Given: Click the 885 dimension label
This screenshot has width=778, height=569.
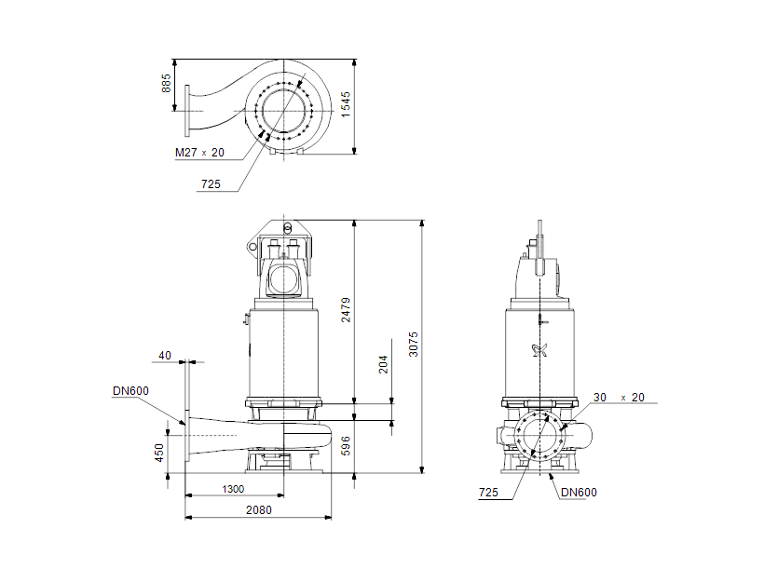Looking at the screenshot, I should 167,85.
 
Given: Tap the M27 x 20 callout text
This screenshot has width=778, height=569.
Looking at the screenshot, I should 199,153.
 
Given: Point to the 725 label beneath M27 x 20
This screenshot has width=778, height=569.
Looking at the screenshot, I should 211,184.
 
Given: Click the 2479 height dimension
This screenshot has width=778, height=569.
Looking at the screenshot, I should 346,309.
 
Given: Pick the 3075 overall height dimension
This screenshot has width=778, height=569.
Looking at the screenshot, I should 414,344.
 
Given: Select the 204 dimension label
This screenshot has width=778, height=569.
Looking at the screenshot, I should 383,364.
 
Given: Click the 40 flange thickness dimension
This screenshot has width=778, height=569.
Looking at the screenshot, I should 165,355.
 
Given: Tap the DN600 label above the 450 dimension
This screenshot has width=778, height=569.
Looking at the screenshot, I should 130,391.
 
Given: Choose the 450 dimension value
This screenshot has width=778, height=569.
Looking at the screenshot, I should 159,453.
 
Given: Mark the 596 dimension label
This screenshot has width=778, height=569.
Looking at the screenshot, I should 346,446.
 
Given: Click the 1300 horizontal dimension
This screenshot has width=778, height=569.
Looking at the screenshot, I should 234,489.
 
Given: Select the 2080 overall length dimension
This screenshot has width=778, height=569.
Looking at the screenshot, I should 258,510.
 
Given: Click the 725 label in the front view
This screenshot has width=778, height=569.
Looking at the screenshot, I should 488,492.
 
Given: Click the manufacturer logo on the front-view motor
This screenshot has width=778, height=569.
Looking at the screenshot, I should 539,351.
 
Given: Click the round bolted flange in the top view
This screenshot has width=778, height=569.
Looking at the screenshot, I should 283,111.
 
